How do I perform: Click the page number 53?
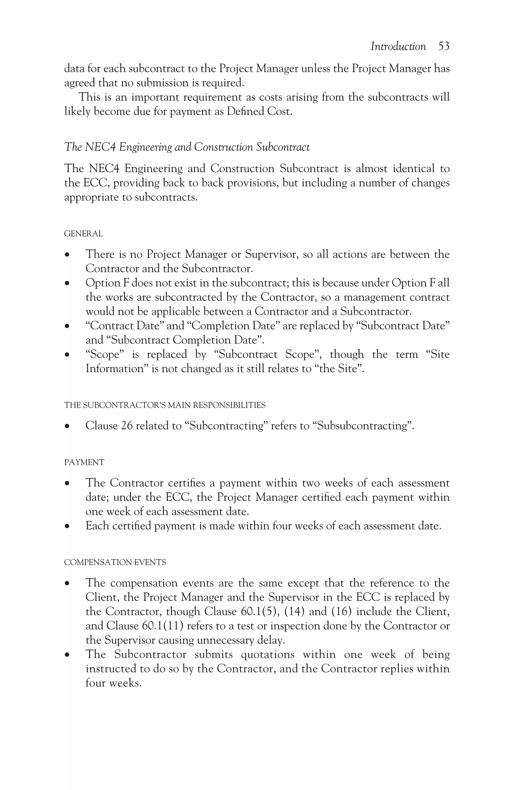click(x=444, y=46)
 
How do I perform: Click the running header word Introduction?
click(x=398, y=46)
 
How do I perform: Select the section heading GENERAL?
click(x=83, y=234)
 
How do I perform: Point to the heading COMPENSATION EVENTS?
click(x=115, y=562)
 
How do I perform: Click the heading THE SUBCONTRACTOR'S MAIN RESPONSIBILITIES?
click(x=165, y=405)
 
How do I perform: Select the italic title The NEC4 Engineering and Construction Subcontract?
click(x=186, y=147)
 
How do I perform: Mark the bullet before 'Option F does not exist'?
click(x=68, y=283)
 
